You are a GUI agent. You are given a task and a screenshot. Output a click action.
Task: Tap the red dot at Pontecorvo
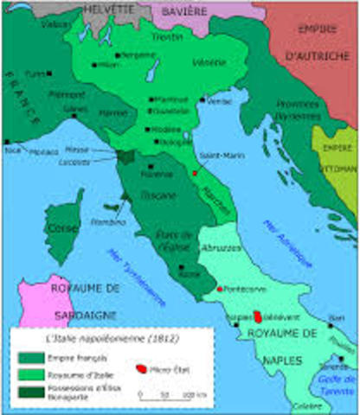(x=222, y=289)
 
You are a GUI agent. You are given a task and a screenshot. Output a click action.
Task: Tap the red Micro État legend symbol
(x=141, y=367)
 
